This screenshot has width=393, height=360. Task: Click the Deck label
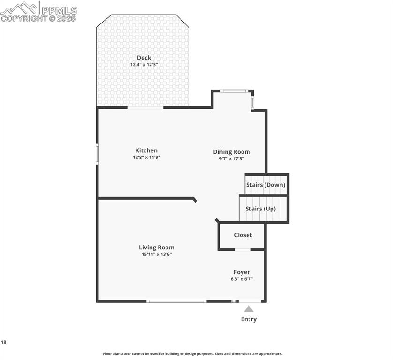pos(144,58)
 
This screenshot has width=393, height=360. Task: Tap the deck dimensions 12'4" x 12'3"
pos(144,65)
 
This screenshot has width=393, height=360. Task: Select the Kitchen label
pos(146,150)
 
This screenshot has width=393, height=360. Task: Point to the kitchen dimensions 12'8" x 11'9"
pos(146,157)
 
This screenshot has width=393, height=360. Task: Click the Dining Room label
pos(231,152)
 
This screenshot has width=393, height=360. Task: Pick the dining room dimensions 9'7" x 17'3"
pos(231,159)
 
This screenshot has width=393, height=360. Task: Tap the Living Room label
pos(156,247)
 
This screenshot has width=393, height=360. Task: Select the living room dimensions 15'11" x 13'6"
pos(156,255)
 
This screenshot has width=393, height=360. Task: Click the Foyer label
pos(242,272)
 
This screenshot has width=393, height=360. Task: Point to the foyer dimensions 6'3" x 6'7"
pos(242,279)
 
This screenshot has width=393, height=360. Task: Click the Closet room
pos(242,235)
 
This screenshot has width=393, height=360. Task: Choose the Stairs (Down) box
pos(265,184)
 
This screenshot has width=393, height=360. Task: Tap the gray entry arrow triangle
pos(249,309)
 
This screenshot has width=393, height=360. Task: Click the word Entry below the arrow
pos(249,319)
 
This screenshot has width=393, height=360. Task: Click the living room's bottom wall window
pos(176,301)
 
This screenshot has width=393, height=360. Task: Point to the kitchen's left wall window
pos(98,154)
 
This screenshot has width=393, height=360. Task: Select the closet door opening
pos(242,250)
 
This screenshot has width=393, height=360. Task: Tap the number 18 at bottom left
pos(4,343)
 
